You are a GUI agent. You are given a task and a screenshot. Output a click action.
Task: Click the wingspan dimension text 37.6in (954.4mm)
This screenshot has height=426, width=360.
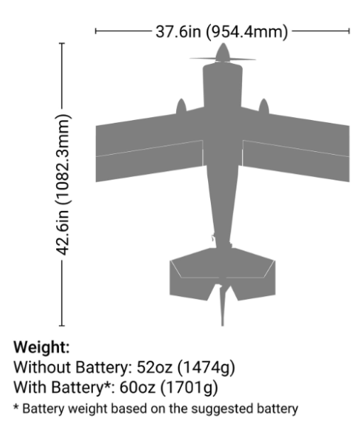click(x=222, y=31)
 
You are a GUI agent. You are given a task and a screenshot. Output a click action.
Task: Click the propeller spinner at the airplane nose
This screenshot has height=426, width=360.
click(x=223, y=52)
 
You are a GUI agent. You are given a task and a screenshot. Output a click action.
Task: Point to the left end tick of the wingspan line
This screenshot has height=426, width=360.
click(x=96, y=31)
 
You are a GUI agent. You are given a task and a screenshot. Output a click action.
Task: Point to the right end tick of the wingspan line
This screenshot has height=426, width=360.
click(x=349, y=31)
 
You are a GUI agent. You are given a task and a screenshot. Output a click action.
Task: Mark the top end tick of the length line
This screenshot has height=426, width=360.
click(x=62, y=43)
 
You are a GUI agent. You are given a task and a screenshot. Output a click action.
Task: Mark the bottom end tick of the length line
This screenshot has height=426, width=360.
click(x=62, y=325)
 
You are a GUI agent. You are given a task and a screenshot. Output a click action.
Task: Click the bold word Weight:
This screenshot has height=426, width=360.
click(x=42, y=347)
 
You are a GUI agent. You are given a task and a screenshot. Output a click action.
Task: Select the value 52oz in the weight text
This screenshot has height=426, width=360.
click(x=154, y=367)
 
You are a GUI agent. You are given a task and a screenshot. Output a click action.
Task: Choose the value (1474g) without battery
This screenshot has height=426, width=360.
click(x=206, y=368)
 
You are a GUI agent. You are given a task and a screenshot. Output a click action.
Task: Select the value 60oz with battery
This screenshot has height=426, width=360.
click(x=137, y=387)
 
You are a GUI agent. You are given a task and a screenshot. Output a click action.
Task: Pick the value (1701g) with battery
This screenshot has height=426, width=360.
click(x=189, y=388)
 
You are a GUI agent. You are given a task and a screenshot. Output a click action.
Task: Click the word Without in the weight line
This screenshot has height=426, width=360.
click(x=43, y=367)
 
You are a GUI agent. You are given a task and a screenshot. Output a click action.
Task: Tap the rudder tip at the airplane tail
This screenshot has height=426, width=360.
click(x=222, y=324)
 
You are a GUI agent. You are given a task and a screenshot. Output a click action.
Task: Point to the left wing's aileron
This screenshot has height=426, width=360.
click(x=149, y=161)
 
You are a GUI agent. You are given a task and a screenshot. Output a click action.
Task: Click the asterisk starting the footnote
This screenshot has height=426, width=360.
click(x=16, y=407)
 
